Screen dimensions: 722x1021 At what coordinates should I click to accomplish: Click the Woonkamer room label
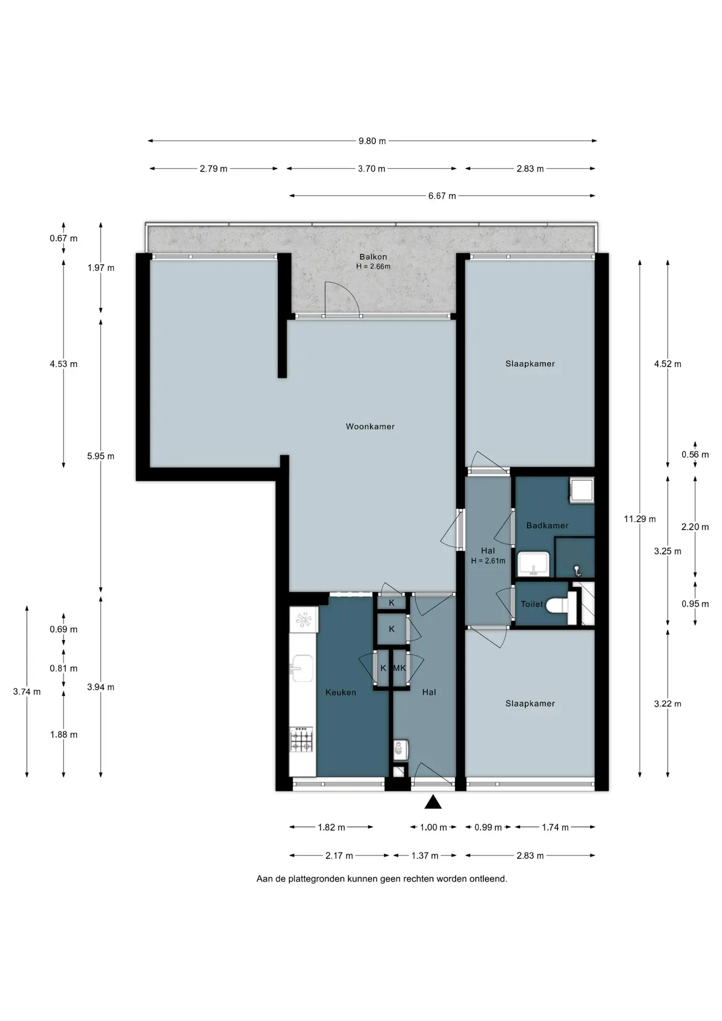[370, 426]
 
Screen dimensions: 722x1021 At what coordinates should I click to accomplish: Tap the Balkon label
[373, 257]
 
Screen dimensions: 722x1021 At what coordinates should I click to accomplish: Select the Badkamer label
[547, 525]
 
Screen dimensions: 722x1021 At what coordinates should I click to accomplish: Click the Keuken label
[341, 692]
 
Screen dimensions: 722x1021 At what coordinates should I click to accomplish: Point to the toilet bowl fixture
[558, 604]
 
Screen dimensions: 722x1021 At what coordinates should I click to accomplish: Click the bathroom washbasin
[534, 564]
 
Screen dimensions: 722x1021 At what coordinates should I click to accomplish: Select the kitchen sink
[302, 668]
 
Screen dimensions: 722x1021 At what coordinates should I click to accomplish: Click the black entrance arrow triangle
[433, 802]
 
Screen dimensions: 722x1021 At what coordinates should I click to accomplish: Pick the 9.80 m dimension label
[372, 141]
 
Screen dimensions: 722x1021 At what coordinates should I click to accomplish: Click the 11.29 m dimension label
[640, 519]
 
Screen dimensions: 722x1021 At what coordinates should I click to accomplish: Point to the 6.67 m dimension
[442, 196]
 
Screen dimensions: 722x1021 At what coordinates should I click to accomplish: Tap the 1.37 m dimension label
[425, 856]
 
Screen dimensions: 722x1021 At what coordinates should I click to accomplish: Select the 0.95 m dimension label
[695, 604]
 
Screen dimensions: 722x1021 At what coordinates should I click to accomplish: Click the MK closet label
[399, 668]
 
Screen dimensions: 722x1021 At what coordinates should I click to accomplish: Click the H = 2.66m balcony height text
[373, 266]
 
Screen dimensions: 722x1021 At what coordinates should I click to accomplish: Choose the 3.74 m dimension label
[27, 692]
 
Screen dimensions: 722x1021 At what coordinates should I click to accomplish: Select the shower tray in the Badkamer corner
[581, 490]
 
